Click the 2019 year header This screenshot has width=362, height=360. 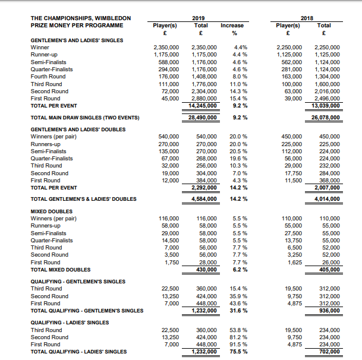(200, 18)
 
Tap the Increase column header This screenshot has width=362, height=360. (231, 26)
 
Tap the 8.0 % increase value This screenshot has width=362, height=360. (237, 77)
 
